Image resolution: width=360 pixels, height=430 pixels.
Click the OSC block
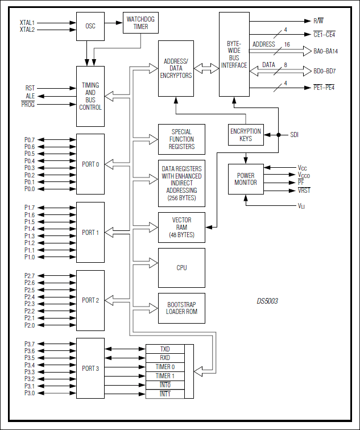90,26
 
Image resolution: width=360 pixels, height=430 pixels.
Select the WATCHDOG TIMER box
140,23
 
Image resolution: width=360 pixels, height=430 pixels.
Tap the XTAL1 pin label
27,23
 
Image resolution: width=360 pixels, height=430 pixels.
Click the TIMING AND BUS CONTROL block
90,96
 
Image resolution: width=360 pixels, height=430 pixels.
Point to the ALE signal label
30,96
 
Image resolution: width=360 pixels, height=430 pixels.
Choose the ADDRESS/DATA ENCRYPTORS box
176,68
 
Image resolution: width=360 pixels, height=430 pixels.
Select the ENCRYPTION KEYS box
246,135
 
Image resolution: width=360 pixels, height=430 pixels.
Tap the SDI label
294,135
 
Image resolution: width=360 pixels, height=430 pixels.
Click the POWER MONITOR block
246,179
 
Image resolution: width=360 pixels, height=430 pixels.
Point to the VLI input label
301,205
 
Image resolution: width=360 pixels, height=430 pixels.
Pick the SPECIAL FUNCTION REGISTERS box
181,139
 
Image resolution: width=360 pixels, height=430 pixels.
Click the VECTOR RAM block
181,227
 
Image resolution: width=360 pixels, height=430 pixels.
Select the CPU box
181,267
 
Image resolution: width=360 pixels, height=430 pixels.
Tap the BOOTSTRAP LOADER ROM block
181,308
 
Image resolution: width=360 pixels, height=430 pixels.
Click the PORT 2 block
90,300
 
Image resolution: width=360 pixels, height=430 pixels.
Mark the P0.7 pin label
30,139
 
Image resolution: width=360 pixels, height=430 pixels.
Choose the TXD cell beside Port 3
165,349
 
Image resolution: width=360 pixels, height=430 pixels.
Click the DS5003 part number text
267,301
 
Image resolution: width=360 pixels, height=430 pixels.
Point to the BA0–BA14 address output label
326,51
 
